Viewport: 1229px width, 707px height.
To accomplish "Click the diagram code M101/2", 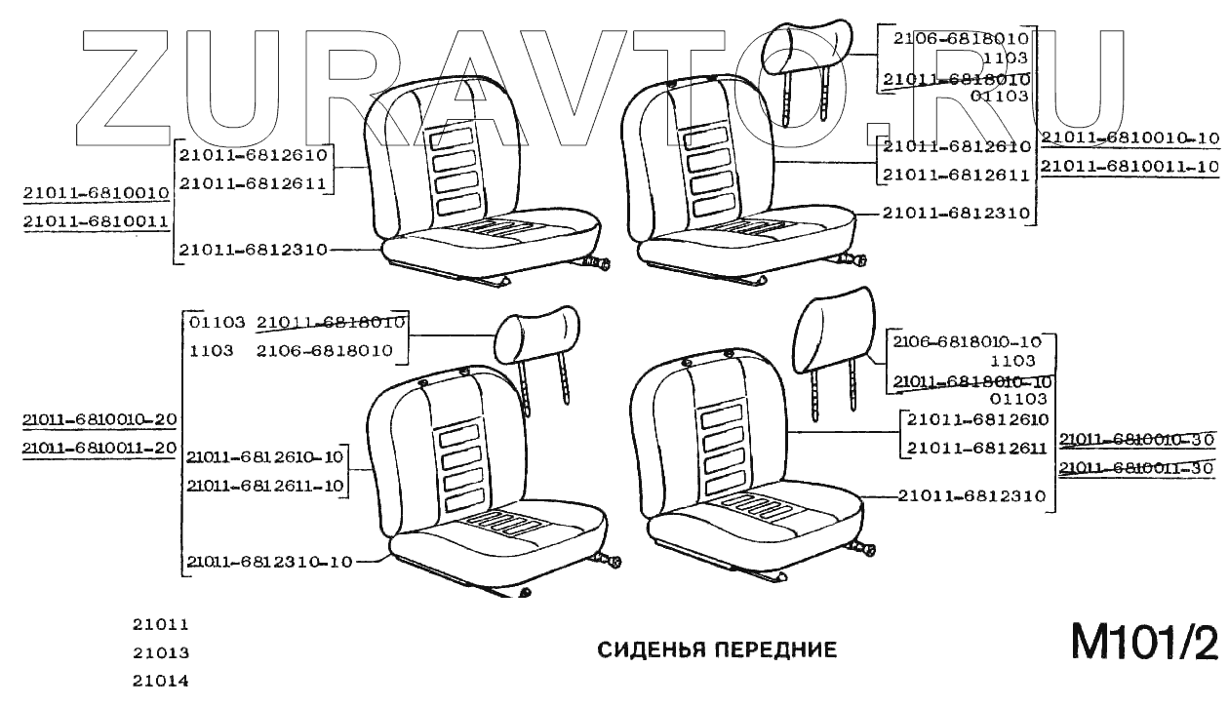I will (x=1144, y=644).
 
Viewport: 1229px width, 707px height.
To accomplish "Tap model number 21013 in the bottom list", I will (x=161, y=653).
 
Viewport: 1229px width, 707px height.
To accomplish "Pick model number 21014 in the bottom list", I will (x=161, y=682).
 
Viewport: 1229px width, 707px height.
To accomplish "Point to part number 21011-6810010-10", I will (x=1130, y=137).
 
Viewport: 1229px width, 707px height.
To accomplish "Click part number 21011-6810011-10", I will (x=1130, y=167).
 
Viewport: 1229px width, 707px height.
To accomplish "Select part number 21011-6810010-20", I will (x=99, y=420).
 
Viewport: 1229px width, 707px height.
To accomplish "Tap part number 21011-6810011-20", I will (x=99, y=448).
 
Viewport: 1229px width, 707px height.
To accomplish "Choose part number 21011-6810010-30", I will (x=1137, y=440).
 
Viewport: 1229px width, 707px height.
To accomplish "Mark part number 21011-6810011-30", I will (x=1137, y=468).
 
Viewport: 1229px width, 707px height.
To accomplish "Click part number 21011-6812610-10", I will (x=265, y=457).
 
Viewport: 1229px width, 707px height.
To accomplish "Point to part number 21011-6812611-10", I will (x=265, y=486).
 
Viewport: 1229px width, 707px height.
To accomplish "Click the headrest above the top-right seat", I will (x=807, y=49).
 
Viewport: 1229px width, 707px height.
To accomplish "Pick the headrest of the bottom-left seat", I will (x=536, y=333).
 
